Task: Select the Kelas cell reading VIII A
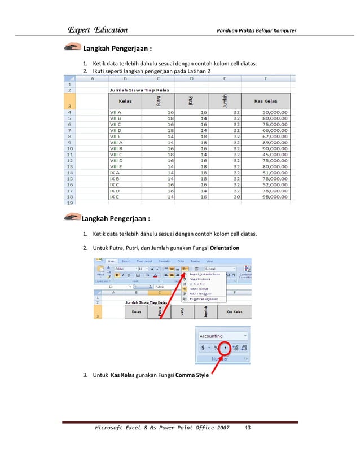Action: tap(116, 144)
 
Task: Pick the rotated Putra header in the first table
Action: tap(159, 100)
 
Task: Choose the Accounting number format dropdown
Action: tap(223, 336)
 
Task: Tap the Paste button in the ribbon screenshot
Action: tap(100, 272)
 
